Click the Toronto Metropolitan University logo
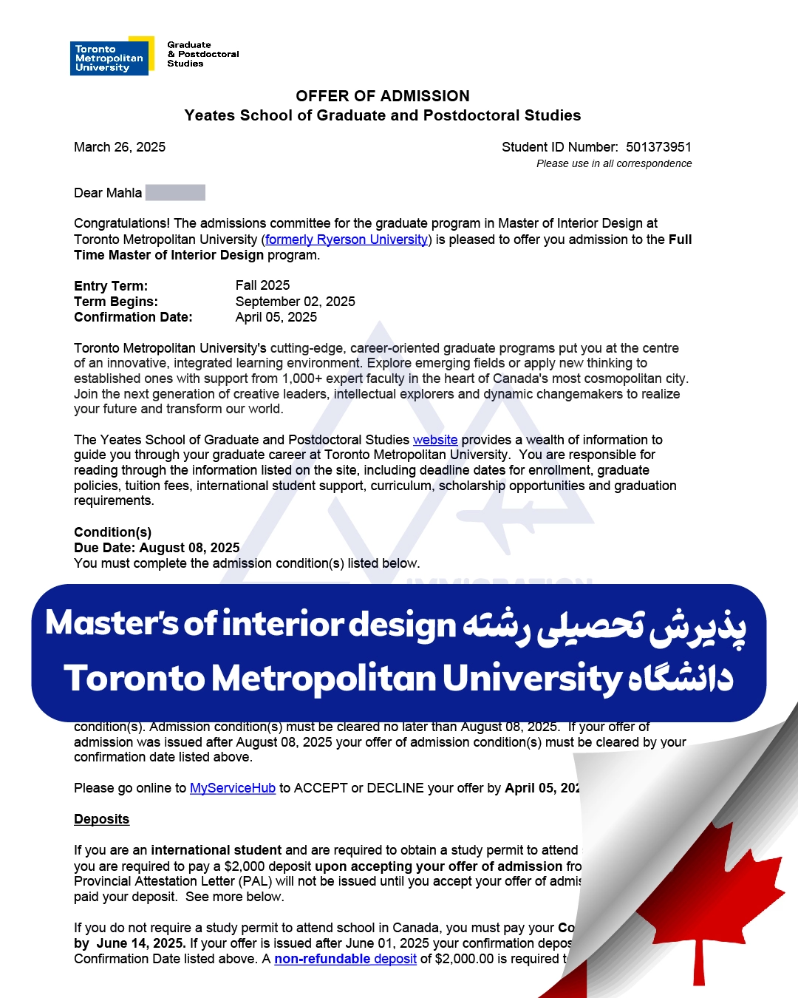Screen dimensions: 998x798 pyautogui.click(x=111, y=57)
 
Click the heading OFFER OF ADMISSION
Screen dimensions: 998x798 pyautogui.click(x=383, y=96)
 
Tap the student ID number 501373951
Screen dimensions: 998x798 pyautogui.click(x=658, y=147)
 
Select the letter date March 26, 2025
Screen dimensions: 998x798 pyautogui.click(x=120, y=147)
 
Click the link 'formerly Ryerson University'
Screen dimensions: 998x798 pyautogui.click(x=347, y=240)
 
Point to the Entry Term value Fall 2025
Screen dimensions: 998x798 pyautogui.click(x=262, y=285)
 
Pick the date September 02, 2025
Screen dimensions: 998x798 pyautogui.click(x=295, y=302)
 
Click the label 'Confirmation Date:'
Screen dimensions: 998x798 pyautogui.click(x=133, y=317)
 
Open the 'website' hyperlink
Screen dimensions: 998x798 pyautogui.click(x=435, y=440)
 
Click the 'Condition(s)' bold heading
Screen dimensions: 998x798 pyautogui.click(x=112, y=532)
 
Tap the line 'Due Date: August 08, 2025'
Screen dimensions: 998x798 pyautogui.click(x=157, y=548)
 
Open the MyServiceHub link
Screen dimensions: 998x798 pyautogui.click(x=233, y=788)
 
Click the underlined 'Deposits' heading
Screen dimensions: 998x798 pyautogui.click(x=101, y=819)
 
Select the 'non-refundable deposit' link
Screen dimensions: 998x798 pyautogui.click(x=345, y=959)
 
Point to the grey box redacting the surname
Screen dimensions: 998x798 pyautogui.click(x=175, y=193)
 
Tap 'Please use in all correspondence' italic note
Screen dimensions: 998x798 pyautogui.click(x=614, y=163)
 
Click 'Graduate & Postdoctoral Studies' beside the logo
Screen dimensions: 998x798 pyautogui.click(x=202, y=54)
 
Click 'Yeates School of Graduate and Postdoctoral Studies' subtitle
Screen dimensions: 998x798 pyautogui.click(x=383, y=115)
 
